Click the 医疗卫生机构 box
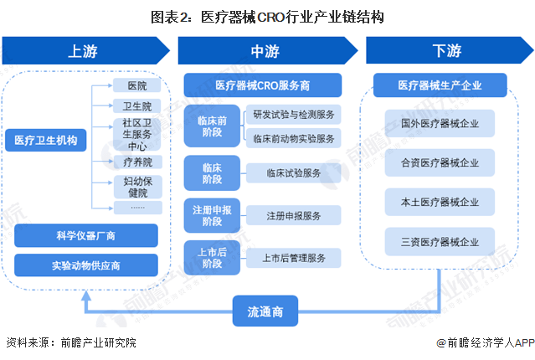point(45,141)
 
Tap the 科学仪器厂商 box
point(86,237)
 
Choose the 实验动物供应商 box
point(86,265)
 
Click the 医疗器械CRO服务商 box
point(262,85)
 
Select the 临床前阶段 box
point(212,126)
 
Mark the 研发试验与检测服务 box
point(293,115)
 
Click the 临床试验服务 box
point(293,172)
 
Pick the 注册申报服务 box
point(293,215)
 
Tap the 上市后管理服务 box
point(293,257)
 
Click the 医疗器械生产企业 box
point(440,85)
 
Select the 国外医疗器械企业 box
point(440,124)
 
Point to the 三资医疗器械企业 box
point(440,242)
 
